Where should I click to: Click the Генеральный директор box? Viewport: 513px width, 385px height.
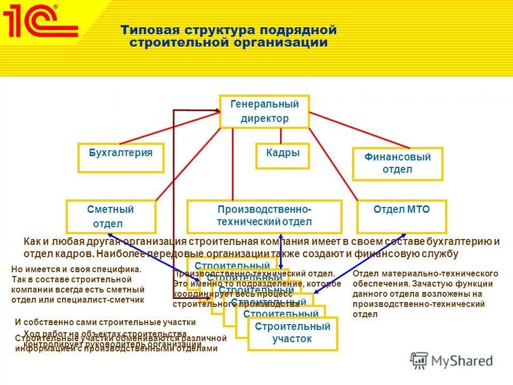[x=265, y=111]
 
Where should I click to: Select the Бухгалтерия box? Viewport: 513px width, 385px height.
[x=121, y=157]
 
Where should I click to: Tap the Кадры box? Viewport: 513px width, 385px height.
[x=283, y=156]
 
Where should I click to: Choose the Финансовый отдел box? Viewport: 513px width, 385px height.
[x=398, y=164]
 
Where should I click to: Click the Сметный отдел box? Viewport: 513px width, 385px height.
[x=111, y=217]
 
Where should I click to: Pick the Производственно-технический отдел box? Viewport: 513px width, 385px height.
[x=264, y=216]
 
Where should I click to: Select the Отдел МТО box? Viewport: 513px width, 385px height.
[x=401, y=216]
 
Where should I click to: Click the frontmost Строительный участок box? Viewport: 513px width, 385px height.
[x=292, y=333]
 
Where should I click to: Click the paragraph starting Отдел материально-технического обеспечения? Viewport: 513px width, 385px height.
[x=425, y=294]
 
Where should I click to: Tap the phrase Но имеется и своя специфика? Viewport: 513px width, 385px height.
[x=76, y=270]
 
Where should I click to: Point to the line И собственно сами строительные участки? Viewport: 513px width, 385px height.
[x=105, y=322]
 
